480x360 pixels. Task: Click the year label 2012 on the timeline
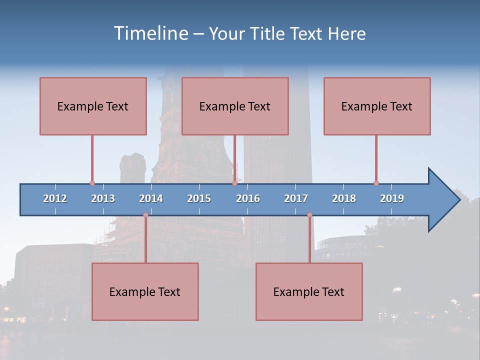coord(55,198)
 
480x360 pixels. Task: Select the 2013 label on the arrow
coord(103,198)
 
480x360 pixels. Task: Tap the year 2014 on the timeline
coord(151,198)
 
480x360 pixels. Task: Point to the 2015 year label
coord(199,198)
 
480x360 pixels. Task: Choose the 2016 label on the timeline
coord(248,198)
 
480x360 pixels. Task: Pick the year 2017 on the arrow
coord(296,198)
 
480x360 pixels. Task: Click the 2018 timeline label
coord(344,198)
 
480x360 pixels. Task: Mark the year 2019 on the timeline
coord(392,198)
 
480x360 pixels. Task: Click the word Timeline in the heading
coord(150,33)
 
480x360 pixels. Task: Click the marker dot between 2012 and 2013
coord(92,183)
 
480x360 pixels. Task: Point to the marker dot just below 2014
coord(145,215)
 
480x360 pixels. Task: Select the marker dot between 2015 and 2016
coord(234,183)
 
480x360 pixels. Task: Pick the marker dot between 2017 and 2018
coord(309,215)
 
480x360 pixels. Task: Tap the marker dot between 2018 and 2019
coord(376,183)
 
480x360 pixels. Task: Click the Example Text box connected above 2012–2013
coord(93,106)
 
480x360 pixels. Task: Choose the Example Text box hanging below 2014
coord(145,291)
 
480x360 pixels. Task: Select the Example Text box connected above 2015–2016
coord(235,106)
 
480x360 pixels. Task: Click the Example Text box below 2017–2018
coord(309,291)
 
